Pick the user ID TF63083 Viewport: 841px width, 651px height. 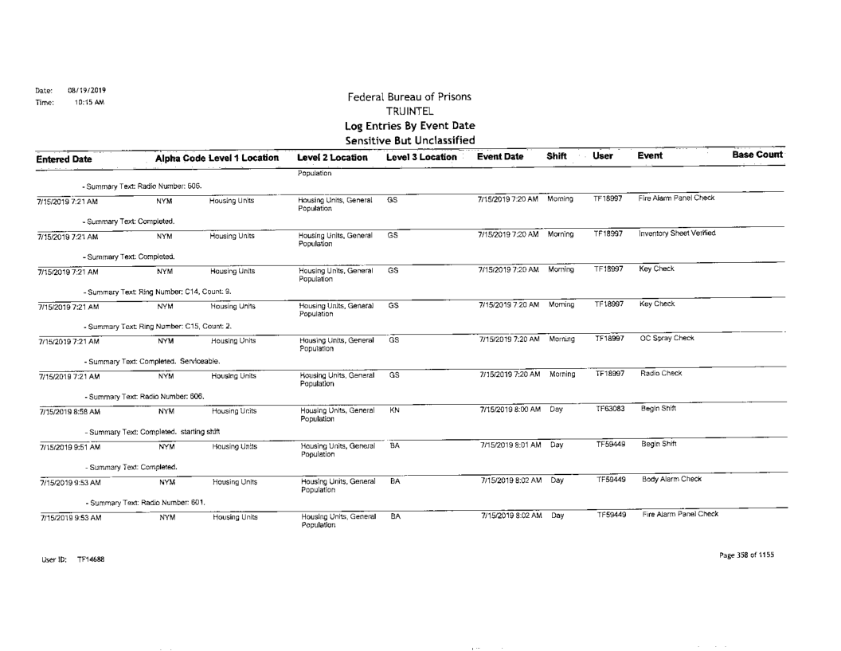click(609, 409)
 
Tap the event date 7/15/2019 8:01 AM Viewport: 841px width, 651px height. click(509, 445)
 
